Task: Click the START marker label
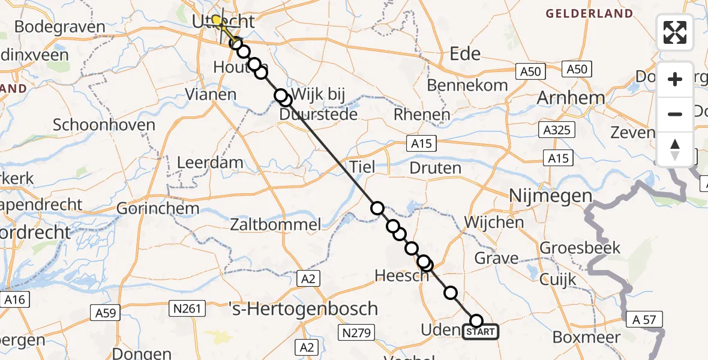coord(481,332)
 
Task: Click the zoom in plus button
coord(675,79)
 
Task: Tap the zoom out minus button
coord(675,114)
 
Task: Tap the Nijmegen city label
coord(550,196)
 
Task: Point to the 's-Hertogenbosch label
coord(304,309)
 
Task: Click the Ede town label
coord(466,54)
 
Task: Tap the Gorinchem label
coord(149,209)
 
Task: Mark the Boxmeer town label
coord(586,337)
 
